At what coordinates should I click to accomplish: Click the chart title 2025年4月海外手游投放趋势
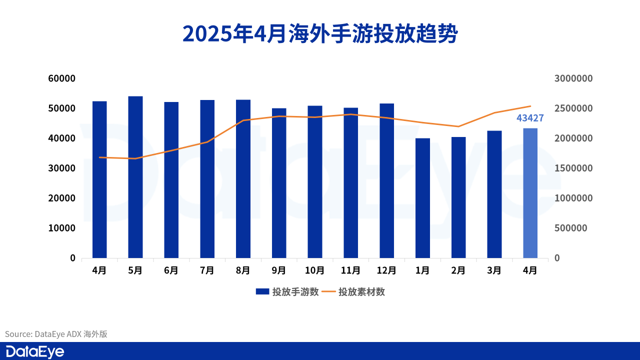pos(320,34)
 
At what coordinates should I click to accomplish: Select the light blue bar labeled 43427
pos(530,193)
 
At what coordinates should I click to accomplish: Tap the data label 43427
pos(530,118)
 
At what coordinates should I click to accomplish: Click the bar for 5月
pos(135,177)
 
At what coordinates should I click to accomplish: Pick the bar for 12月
pos(386,180)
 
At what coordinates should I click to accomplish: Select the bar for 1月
pos(422,198)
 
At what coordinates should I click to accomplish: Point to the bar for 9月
pos(279,183)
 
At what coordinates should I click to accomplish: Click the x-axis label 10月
pos(314,270)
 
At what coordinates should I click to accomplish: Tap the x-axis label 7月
pos(207,270)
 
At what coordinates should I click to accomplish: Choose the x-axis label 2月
pos(458,270)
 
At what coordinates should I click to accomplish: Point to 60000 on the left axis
pos(62,78)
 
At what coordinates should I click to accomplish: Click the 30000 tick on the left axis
pos(62,168)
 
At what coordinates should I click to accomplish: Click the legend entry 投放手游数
pos(287,292)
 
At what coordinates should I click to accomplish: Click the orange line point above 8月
pos(243,120)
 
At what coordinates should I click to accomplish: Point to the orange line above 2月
pos(458,126)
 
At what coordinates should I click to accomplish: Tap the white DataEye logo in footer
pos(35,351)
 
